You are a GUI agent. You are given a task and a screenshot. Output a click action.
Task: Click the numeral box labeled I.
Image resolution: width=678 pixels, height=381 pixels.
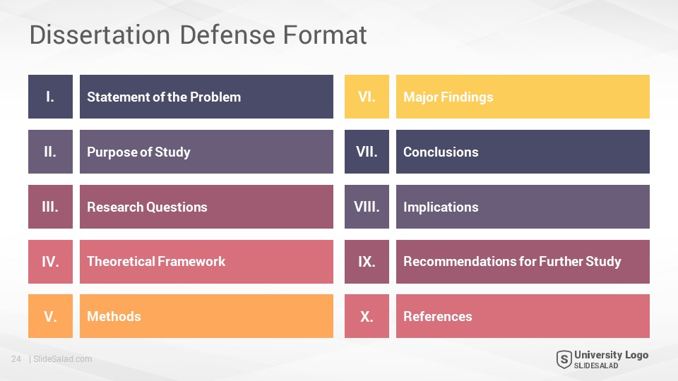click(x=50, y=97)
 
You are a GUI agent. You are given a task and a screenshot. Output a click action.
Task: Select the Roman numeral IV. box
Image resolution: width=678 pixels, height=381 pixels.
click(x=50, y=262)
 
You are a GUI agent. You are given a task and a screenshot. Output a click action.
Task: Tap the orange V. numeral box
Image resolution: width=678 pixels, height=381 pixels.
click(x=50, y=316)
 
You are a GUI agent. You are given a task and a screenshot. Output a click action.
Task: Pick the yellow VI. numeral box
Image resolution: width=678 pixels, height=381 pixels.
click(x=367, y=97)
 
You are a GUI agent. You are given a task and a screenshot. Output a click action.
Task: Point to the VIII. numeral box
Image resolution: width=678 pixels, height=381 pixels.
click(x=367, y=207)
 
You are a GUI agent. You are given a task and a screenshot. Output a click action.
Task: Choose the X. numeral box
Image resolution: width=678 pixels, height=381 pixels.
click(x=367, y=316)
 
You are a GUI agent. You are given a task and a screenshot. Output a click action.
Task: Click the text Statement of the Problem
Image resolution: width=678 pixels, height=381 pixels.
click(x=164, y=97)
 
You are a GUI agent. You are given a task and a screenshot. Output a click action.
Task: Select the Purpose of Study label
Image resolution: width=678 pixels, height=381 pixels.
click(x=139, y=152)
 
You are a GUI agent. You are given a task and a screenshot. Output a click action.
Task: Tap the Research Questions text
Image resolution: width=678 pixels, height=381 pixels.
click(x=147, y=207)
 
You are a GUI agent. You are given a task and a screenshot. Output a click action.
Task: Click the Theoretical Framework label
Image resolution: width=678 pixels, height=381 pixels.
click(x=156, y=261)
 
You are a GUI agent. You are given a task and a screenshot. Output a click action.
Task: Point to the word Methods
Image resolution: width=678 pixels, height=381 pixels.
click(x=114, y=316)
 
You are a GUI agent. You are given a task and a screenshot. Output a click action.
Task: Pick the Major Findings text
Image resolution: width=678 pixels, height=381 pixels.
click(x=448, y=97)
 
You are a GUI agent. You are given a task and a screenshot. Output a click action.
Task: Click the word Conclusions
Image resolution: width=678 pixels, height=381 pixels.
click(x=441, y=152)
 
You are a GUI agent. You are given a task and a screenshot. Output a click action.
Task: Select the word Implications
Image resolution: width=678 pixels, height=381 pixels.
click(x=441, y=207)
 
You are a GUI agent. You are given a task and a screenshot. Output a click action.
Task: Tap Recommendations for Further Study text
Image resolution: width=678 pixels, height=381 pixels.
click(x=513, y=261)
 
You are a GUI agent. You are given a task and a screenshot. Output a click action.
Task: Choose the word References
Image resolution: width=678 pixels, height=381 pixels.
click(x=438, y=316)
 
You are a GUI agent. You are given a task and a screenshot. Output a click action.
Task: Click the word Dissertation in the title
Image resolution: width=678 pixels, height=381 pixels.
click(x=100, y=35)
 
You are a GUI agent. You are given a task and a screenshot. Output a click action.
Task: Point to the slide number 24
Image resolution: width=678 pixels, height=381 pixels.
click(x=16, y=359)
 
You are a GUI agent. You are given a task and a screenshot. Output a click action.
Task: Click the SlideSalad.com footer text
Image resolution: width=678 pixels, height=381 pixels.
click(x=63, y=359)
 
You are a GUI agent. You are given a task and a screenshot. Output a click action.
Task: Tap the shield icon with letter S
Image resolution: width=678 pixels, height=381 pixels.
click(x=564, y=359)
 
